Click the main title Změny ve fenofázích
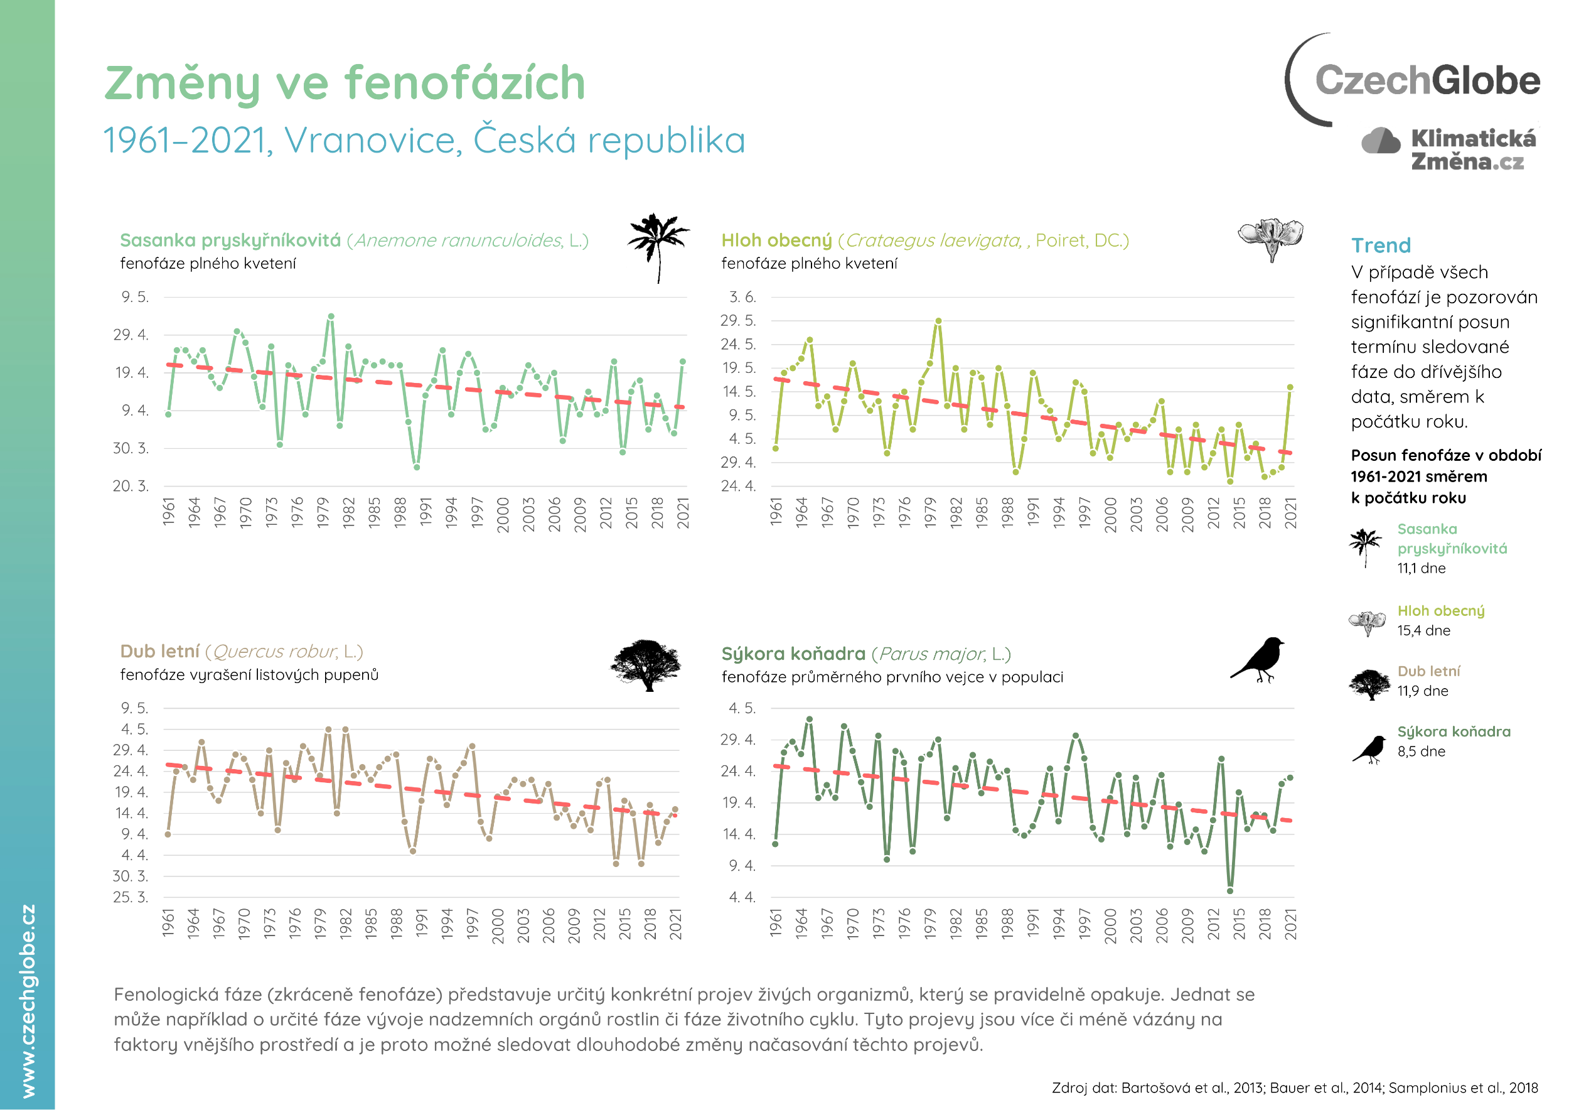[345, 83]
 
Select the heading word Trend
[1380, 245]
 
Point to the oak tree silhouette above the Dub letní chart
[646, 664]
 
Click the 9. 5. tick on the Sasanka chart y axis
[135, 296]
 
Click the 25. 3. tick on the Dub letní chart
[131, 897]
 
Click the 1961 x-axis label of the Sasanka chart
[169, 511]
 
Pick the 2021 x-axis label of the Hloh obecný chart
[1290, 513]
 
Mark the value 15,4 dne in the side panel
[1423, 630]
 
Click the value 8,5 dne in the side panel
[1421, 751]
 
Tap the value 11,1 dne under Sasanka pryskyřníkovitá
[1421, 568]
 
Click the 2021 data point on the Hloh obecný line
[1290, 387]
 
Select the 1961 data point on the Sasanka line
[168, 414]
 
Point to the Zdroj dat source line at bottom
[1294, 1087]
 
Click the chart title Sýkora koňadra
[793, 654]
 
